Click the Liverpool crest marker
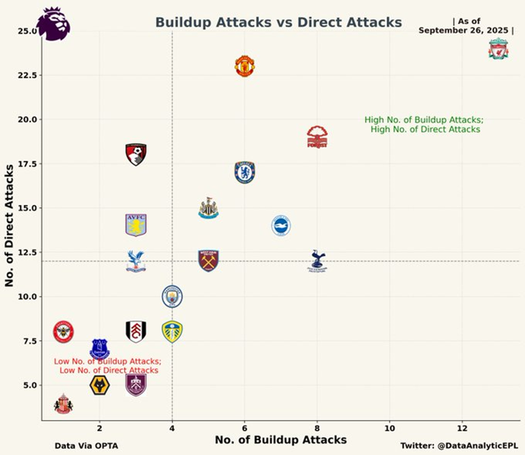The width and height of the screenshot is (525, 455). point(499,49)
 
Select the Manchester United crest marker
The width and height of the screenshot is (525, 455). point(244,66)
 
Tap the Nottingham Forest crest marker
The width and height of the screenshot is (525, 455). point(317,137)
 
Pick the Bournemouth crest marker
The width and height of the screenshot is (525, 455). point(136,154)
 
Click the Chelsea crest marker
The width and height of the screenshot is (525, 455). point(244,173)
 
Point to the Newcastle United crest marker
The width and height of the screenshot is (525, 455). point(208,208)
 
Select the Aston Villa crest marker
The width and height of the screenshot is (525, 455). point(136,225)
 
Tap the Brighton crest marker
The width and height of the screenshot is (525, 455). point(281,225)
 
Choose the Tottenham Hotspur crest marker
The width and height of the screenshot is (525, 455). point(317,261)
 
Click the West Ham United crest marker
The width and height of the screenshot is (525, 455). point(208,260)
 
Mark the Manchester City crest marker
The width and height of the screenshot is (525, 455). point(172,297)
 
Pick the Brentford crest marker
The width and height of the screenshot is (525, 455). point(64,332)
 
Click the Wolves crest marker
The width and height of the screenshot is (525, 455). point(100,385)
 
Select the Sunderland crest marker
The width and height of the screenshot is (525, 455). point(64,404)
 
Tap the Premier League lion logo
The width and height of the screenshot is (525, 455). point(53,24)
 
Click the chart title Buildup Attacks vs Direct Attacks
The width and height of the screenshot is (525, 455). point(278,23)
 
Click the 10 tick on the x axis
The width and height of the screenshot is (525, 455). point(389,428)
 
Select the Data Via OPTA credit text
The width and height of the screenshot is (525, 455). point(86,446)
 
